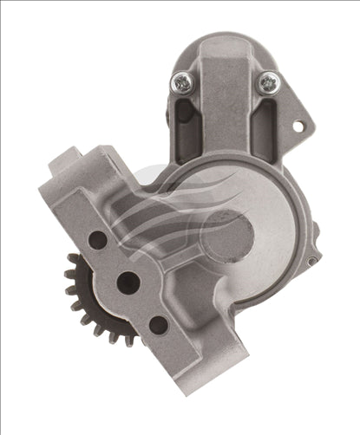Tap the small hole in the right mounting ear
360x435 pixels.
click(298, 127)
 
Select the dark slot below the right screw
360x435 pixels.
click(265, 121)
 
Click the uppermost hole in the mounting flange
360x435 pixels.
click(97, 239)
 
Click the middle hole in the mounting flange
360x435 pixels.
click(128, 281)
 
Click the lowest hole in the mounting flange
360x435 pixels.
click(158, 324)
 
